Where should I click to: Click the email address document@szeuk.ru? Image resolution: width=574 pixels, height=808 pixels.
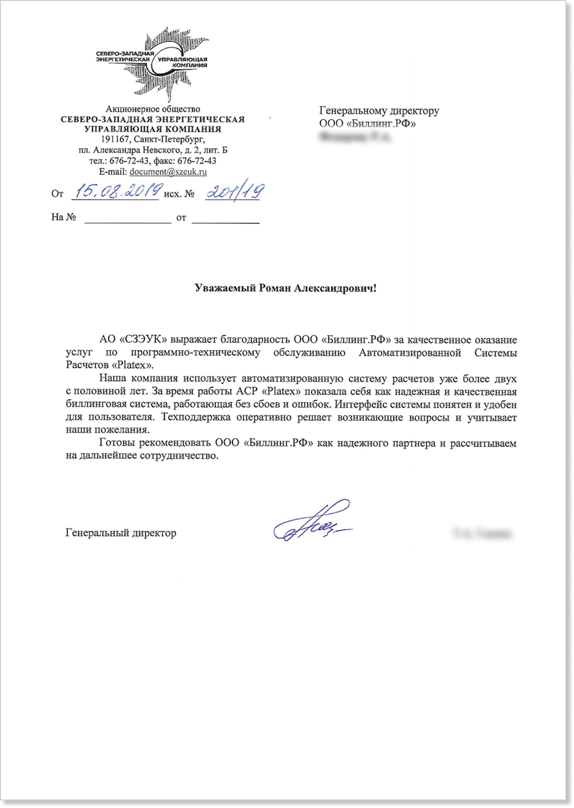pyautogui.click(x=168, y=172)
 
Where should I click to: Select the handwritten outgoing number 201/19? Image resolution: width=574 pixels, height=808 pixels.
pyautogui.click(x=234, y=192)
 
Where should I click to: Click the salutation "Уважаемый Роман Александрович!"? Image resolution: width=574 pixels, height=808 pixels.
pyautogui.click(x=285, y=288)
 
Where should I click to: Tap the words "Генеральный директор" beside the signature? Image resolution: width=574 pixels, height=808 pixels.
pyautogui.click(x=121, y=533)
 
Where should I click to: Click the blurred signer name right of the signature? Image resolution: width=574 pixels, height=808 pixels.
pyautogui.click(x=482, y=534)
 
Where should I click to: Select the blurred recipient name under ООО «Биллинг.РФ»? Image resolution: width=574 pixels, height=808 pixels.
pyautogui.click(x=355, y=138)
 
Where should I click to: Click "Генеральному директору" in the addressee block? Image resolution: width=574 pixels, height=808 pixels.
pyautogui.click(x=379, y=111)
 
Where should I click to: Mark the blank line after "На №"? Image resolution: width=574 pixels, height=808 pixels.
pyautogui.click(x=128, y=220)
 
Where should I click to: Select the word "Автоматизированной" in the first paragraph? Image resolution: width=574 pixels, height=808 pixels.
pyautogui.click(x=410, y=353)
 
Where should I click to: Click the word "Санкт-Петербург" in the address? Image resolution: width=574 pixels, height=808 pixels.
pyautogui.click(x=169, y=139)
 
